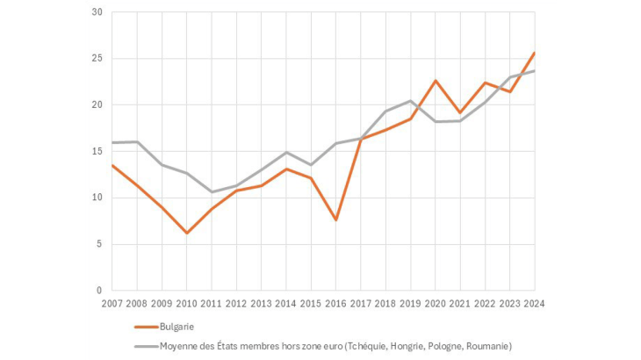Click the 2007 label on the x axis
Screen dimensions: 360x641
coord(112,305)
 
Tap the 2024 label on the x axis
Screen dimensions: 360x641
coord(535,305)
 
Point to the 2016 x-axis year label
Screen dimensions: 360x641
coord(336,305)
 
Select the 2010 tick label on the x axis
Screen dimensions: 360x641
coord(187,305)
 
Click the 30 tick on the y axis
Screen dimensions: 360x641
coord(97,12)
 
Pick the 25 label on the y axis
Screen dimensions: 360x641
coord(97,59)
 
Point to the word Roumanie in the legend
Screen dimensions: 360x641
coord(485,346)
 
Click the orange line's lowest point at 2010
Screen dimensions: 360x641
coord(187,233)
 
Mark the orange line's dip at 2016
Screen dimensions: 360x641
coord(336,220)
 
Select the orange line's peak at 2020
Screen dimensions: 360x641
coord(436,81)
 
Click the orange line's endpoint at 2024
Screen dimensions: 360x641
coord(535,53)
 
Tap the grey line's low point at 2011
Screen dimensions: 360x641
coord(212,191)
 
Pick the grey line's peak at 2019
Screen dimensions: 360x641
coord(411,101)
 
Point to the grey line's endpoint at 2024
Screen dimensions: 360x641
coord(535,71)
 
